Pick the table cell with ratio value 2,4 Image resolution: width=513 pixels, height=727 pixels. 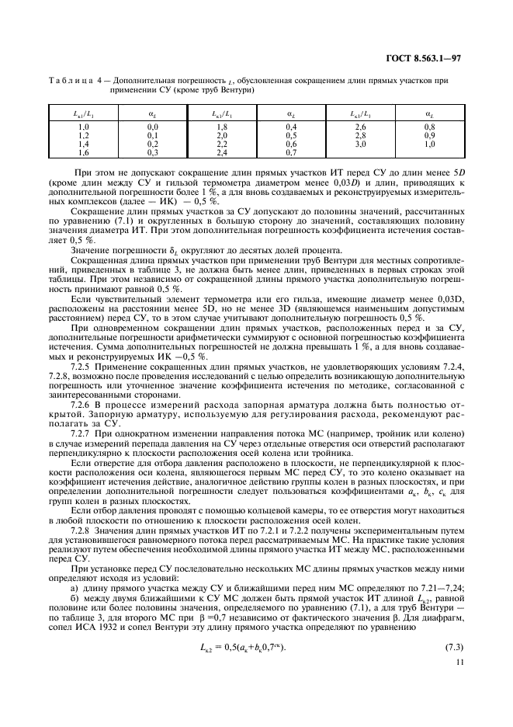click(220, 153)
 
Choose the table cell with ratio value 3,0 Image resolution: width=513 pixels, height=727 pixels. click(360, 144)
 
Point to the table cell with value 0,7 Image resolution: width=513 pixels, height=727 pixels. click(291, 153)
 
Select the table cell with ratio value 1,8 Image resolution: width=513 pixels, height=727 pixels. click(220, 127)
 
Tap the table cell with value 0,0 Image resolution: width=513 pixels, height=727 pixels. click(153, 127)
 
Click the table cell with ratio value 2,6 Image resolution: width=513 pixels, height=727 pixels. click(360, 127)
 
